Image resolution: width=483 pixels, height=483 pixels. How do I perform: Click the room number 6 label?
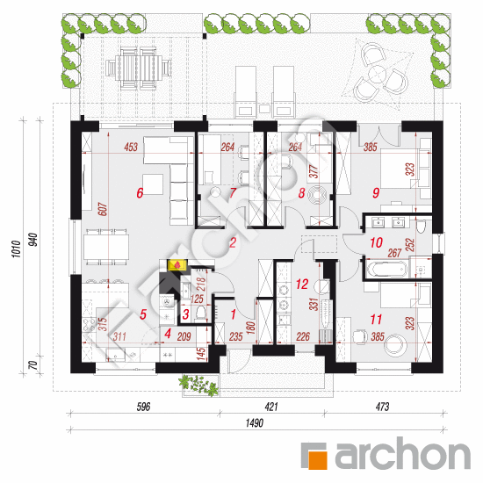pyautogui.click(x=140, y=193)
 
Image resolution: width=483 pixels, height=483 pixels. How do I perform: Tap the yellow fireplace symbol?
pyautogui.click(x=177, y=265)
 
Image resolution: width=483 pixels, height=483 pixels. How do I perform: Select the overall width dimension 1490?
pyautogui.click(x=255, y=423)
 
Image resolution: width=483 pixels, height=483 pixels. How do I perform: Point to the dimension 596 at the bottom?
pyautogui.click(x=143, y=407)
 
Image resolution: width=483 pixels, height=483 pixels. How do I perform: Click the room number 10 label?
pyautogui.click(x=376, y=242)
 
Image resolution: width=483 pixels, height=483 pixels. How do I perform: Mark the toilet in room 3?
pyautogui.click(x=200, y=314)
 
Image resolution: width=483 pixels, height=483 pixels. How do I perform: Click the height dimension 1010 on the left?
pyautogui.click(x=17, y=249)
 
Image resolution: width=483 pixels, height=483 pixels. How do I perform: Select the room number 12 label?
pyautogui.click(x=302, y=284)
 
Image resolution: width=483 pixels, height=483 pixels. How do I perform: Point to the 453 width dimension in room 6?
pyautogui.click(x=131, y=147)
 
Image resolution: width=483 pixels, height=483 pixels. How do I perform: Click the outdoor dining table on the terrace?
pyautogui.click(x=138, y=68)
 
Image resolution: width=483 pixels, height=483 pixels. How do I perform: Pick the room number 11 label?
pyautogui.click(x=376, y=320)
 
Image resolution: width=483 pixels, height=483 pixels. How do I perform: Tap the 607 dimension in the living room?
pyautogui.click(x=104, y=209)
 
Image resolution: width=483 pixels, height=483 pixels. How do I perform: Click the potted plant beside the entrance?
pyautogui.click(x=198, y=385)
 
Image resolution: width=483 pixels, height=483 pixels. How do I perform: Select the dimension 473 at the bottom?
pyautogui.click(x=382, y=407)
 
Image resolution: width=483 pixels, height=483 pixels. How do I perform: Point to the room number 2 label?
pyautogui.click(x=233, y=242)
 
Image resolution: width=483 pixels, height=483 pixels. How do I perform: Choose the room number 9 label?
pyautogui.click(x=376, y=193)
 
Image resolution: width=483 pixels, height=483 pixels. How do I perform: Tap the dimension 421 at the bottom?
pyautogui.click(x=271, y=407)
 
